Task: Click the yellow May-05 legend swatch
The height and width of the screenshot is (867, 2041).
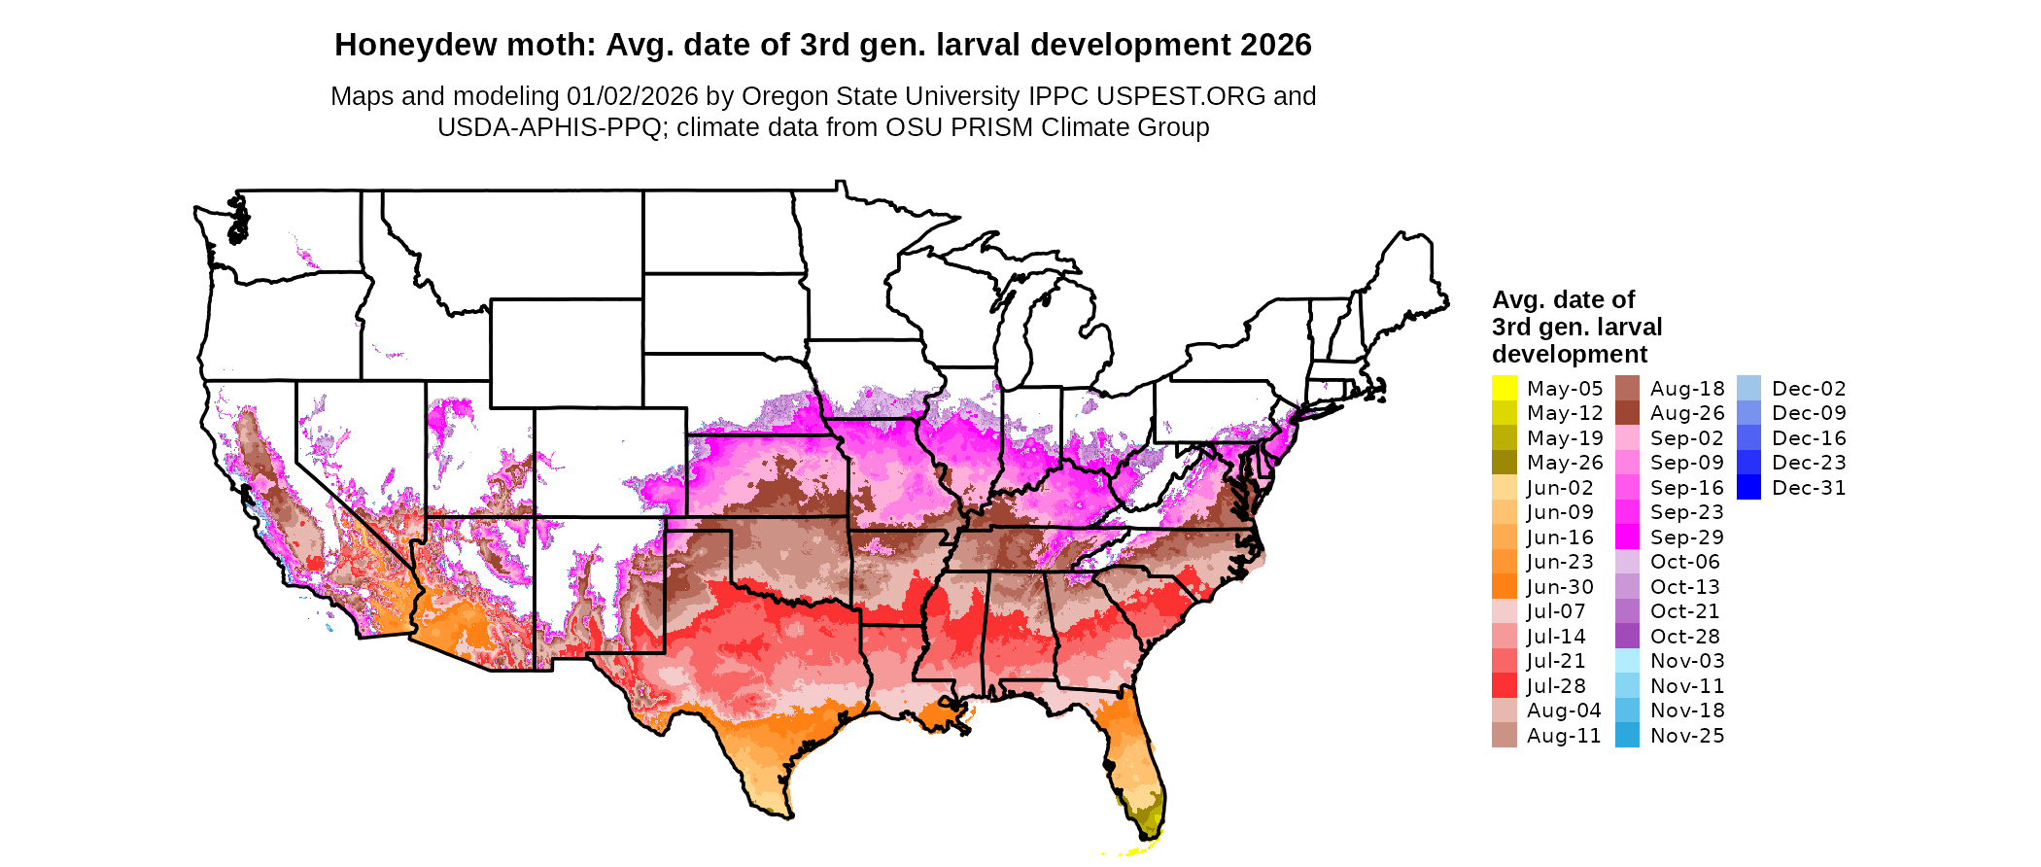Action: (1504, 389)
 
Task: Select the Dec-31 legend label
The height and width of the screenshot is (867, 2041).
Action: (1809, 488)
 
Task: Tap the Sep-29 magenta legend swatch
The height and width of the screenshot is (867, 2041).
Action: (1627, 538)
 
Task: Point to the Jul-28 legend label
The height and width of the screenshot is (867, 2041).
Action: (1556, 686)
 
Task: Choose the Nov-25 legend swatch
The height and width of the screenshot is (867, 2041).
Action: (1627, 736)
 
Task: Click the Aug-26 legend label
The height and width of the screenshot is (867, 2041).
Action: (1687, 413)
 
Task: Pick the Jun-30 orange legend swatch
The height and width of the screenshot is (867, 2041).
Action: (1504, 587)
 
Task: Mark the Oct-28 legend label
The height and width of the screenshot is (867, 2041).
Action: (1685, 637)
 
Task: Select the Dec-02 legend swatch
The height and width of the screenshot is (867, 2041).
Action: (1748, 389)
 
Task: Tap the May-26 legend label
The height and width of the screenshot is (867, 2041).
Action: (1565, 463)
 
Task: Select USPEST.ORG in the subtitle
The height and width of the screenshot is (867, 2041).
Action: (1181, 96)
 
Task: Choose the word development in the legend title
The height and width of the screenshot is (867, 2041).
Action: (1570, 354)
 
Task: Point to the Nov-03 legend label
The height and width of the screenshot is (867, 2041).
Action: (1687, 661)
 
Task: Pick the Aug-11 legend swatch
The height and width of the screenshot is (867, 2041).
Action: (1504, 736)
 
